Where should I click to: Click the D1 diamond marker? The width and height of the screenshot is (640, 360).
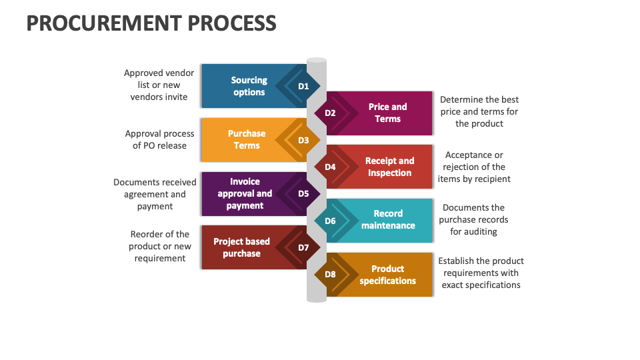(x=303, y=86)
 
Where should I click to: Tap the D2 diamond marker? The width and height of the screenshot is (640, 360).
(x=330, y=113)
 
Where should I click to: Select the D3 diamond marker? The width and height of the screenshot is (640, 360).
(x=303, y=140)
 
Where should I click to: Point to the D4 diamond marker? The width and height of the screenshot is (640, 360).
(x=330, y=167)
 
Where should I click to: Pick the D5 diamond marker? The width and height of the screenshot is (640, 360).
(x=303, y=193)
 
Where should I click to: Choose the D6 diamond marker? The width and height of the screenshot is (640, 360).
(x=330, y=221)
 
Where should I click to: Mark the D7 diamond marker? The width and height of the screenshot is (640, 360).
(x=303, y=247)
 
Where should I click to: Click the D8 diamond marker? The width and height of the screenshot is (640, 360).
(x=330, y=274)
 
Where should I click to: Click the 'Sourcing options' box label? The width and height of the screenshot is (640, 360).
(x=249, y=86)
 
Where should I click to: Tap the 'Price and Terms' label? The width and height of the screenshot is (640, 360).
(x=387, y=113)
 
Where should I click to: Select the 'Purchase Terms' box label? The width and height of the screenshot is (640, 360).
(x=247, y=139)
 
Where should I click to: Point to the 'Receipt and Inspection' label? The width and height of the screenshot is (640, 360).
(x=389, y=167)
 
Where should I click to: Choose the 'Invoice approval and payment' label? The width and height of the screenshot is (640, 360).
(x=245, y=193)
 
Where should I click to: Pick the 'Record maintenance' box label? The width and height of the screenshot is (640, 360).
(x=388, y=219)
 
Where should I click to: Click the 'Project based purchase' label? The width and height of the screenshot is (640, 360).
(x=241, y=247)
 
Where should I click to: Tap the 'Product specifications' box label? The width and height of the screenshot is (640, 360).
(x=387, y=275)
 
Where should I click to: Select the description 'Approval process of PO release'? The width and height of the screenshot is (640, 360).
(x=160, y=139)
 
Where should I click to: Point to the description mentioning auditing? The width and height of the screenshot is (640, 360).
(x=473, y=219)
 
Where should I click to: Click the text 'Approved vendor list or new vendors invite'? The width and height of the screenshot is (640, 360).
(x=159, y=85)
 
